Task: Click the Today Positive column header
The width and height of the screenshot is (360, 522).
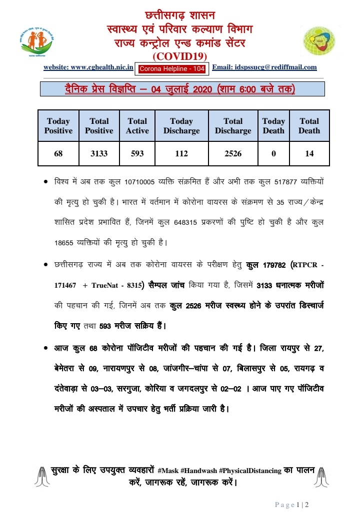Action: [x=58, y=126]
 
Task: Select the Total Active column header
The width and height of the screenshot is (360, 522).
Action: [x=137, y=126]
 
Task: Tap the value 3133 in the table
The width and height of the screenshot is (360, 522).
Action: [x=99, y=154]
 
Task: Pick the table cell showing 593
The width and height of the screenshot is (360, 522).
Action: [x=137, y=154]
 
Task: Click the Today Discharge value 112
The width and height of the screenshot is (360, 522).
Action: [x=181, y=154]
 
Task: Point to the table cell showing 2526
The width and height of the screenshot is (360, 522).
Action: [x=232, y=154]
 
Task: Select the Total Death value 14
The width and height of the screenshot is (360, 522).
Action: [x=309, y=154]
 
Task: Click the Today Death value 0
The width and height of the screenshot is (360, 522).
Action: [x=273, y=154]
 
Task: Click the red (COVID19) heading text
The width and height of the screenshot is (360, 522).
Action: [x=179, y=56]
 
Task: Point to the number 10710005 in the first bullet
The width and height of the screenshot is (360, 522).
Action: [x=145, y=179]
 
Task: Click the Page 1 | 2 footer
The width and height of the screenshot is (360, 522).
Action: [x=292, y=505]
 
